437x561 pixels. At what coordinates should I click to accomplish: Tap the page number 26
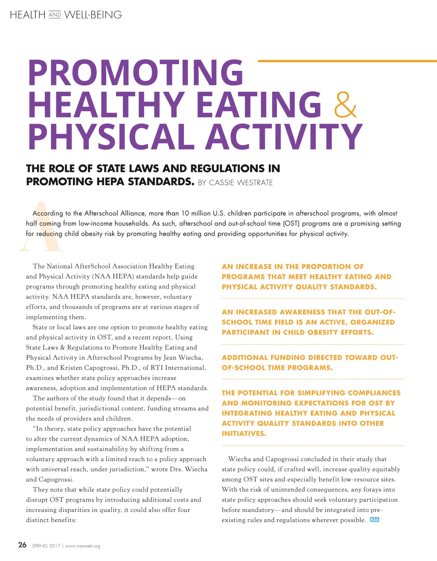click(22, 545)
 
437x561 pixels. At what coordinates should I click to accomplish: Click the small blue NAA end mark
click(374, 520)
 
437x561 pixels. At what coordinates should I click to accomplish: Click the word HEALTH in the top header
click(27, 15)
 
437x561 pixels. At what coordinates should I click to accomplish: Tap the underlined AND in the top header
click(55, 15)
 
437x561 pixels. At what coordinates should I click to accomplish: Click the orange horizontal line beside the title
click(347, 61)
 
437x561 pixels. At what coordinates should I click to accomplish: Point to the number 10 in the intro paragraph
click(185, 213)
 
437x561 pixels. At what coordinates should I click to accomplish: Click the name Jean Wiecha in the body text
click(183, 357)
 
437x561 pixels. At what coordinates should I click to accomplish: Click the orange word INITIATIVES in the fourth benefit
click(244, 433)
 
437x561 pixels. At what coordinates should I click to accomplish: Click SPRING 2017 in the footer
click(46, 546)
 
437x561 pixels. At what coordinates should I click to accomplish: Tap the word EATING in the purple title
click(259, 105)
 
